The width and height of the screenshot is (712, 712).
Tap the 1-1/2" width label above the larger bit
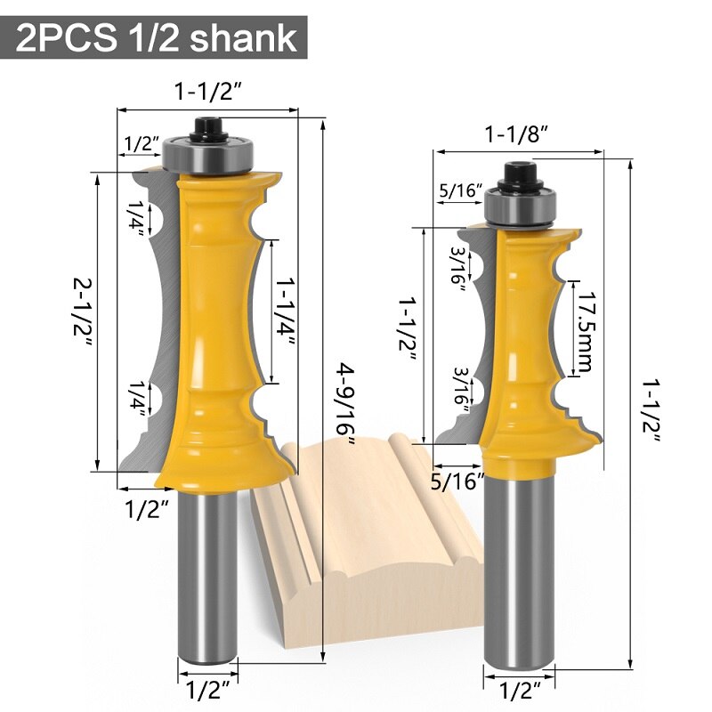(209, 92)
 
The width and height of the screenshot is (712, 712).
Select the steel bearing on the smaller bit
(517, 207)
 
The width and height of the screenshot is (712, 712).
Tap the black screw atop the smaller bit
(517, 177)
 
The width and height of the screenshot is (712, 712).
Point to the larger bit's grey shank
(208, 578)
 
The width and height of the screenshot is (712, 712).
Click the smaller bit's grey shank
(517, 570)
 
